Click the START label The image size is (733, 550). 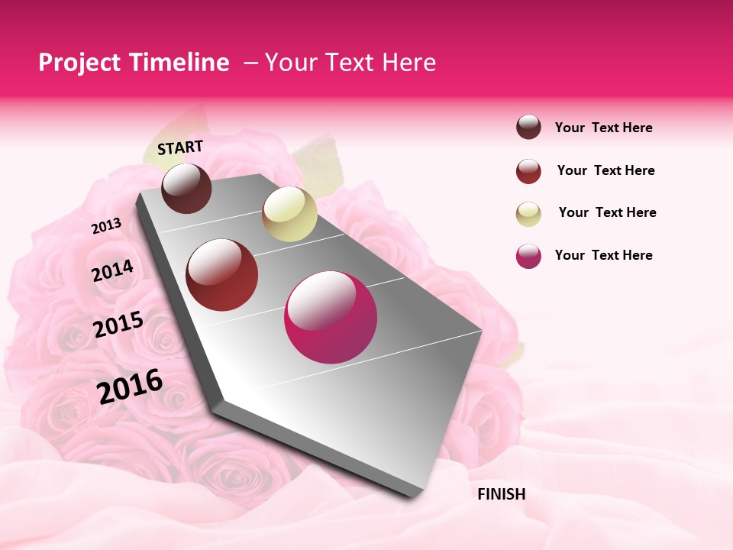[180, 147]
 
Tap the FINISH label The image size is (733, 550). [501, 494]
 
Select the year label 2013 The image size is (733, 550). [107, 226]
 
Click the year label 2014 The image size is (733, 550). [113, 271]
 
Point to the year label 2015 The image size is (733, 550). [118, 325]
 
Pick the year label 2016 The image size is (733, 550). [130, 387]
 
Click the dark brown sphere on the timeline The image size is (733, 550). [187, 189]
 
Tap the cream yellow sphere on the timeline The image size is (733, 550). [289, 215]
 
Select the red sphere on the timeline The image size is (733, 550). [222, 275]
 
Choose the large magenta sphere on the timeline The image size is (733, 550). [330, 317]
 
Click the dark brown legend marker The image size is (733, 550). [528, 128]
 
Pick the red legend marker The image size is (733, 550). [528, 171]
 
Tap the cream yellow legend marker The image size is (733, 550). [528, 214]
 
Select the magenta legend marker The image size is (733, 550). [528, 256]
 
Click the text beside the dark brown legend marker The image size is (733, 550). [603, 128]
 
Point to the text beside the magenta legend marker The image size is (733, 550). [603, 255]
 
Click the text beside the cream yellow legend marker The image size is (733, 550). [607, 212]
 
